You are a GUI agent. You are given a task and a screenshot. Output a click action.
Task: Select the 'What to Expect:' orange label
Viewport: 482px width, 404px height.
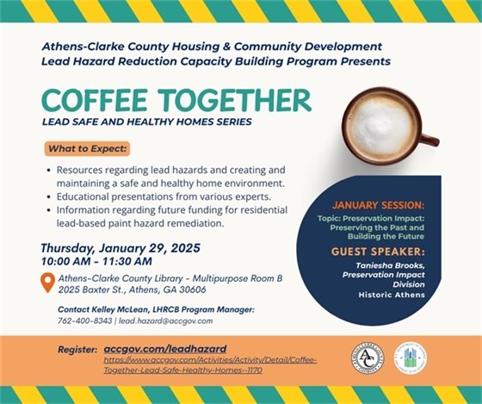point(87,148)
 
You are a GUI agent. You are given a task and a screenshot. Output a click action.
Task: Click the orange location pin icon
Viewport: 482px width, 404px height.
point(47,282)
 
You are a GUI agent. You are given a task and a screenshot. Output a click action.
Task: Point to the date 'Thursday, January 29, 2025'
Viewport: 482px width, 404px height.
point(120,247)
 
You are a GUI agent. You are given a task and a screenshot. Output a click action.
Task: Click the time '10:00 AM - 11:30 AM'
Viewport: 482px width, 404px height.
point(96,261)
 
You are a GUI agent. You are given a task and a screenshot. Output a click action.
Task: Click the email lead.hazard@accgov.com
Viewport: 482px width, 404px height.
point(165,320)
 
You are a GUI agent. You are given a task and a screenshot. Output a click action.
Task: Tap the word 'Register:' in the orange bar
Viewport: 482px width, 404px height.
point(77,349)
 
